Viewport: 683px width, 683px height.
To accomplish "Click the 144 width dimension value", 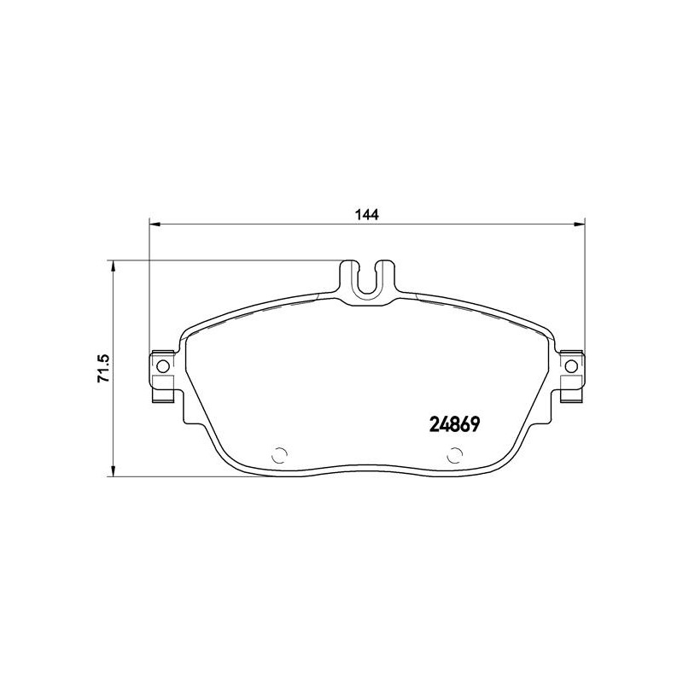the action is pyautogui.click(x=367, y=214).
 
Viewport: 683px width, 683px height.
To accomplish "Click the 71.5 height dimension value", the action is pyautogui.click(x=104, y=369).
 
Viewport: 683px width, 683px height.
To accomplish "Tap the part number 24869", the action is pyautogui.click(x=454, y=423).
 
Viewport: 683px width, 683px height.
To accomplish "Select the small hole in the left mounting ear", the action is pyautogui.click(x=163, y=366).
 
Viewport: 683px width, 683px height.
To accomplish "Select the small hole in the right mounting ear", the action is pyautogui.click(x=571, y=366).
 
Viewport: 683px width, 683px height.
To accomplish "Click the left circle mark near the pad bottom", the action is pyautogui.click(x=279, y=456).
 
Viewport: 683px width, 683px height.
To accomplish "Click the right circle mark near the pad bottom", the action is pyautogui.click(x=455, y=456).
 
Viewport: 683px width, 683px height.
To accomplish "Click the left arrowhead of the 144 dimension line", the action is pyautogui.click(x=155, y=225).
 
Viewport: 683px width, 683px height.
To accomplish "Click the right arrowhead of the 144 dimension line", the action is pyautogui.click(x=579, y=225).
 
